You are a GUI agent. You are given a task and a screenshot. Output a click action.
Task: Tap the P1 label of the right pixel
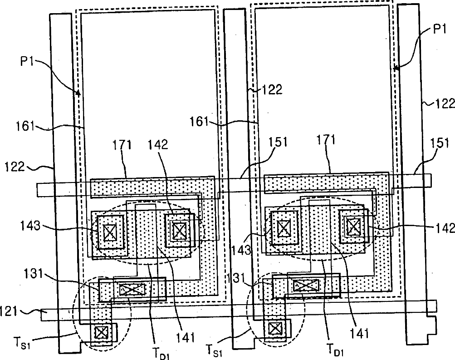tap(439, 30)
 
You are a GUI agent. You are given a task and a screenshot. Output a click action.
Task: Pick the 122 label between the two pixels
tap(272, 90)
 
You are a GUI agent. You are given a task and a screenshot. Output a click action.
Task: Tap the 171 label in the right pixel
tap(327, 140)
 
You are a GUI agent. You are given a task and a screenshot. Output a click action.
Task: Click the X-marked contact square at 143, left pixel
tap(109, 232)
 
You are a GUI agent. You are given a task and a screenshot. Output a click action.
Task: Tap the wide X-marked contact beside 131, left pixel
tap(132, 288)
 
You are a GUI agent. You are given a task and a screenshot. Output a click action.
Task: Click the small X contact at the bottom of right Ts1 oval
tap(274, 328)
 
